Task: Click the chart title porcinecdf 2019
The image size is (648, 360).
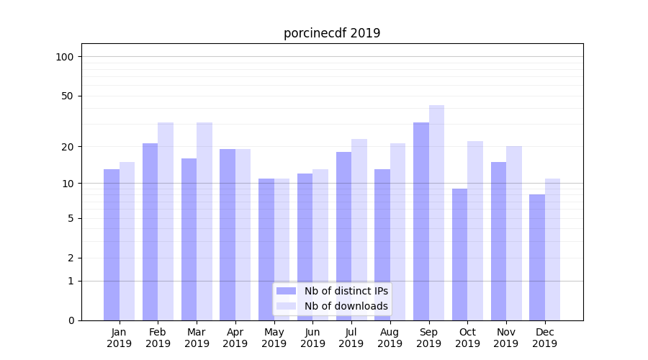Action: [x=332, y=33]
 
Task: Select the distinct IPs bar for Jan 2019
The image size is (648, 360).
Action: [x=112, y=245]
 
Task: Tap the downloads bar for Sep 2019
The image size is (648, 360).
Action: [x=436, y=212]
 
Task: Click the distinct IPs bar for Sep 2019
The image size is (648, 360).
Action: [x=421, y=221]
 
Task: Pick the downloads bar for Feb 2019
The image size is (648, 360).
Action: [x=166, y=221]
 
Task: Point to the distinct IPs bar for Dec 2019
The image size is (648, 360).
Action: [x=537, y=257]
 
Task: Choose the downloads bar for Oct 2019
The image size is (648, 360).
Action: [x=475, y=230]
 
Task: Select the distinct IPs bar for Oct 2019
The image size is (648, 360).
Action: [x=460, y=254]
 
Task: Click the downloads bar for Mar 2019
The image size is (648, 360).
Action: [x=204, y=221]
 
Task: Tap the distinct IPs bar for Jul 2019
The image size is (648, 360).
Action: [x=343, y=236]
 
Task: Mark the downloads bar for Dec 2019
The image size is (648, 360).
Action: [x=552, y=249]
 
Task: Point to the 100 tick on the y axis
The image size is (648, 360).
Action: [x=69, y=57]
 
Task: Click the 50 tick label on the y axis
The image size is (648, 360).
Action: [x=69, y=96]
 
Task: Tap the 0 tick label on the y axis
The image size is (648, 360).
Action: [x=71, y=320]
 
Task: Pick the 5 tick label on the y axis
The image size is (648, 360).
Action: [x=71, y=218]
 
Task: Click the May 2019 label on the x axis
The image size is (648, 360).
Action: [x=274, y=338]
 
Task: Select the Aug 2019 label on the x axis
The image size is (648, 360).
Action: [x=390, y=338]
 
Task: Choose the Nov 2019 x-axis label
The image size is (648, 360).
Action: [x=506, y=338]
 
